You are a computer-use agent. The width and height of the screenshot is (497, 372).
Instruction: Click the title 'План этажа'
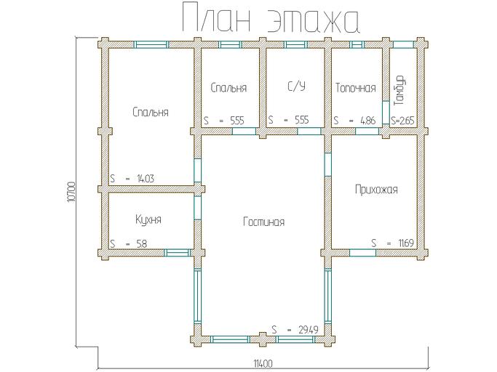(x=269, y=20)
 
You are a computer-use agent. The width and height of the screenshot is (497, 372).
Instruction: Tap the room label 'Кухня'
(x=148, y=219)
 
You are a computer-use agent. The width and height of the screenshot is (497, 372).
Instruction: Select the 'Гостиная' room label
(x=263, y=222)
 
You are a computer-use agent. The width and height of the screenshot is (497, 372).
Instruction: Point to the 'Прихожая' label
(x=375, y=190)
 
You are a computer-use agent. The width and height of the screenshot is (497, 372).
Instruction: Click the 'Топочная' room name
(x=355, y=88)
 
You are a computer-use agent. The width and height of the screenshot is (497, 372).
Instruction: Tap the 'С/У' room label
(x=296, y=87)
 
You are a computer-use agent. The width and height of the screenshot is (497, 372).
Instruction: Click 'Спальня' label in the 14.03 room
(x=151, y=112)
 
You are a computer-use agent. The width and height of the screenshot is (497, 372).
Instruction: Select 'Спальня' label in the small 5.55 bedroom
(x=228, y=88)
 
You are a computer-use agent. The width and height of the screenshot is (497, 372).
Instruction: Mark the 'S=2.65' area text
(x=402, y=121)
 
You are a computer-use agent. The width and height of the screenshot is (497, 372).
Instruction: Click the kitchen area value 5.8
(x=140, y=244)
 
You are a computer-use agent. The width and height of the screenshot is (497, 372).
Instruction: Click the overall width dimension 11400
(x=263, y=363)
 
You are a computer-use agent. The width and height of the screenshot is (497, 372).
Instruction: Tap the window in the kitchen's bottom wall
(x=175, y=252)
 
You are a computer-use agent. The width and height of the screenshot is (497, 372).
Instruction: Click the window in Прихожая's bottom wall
(x=361, y=252)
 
